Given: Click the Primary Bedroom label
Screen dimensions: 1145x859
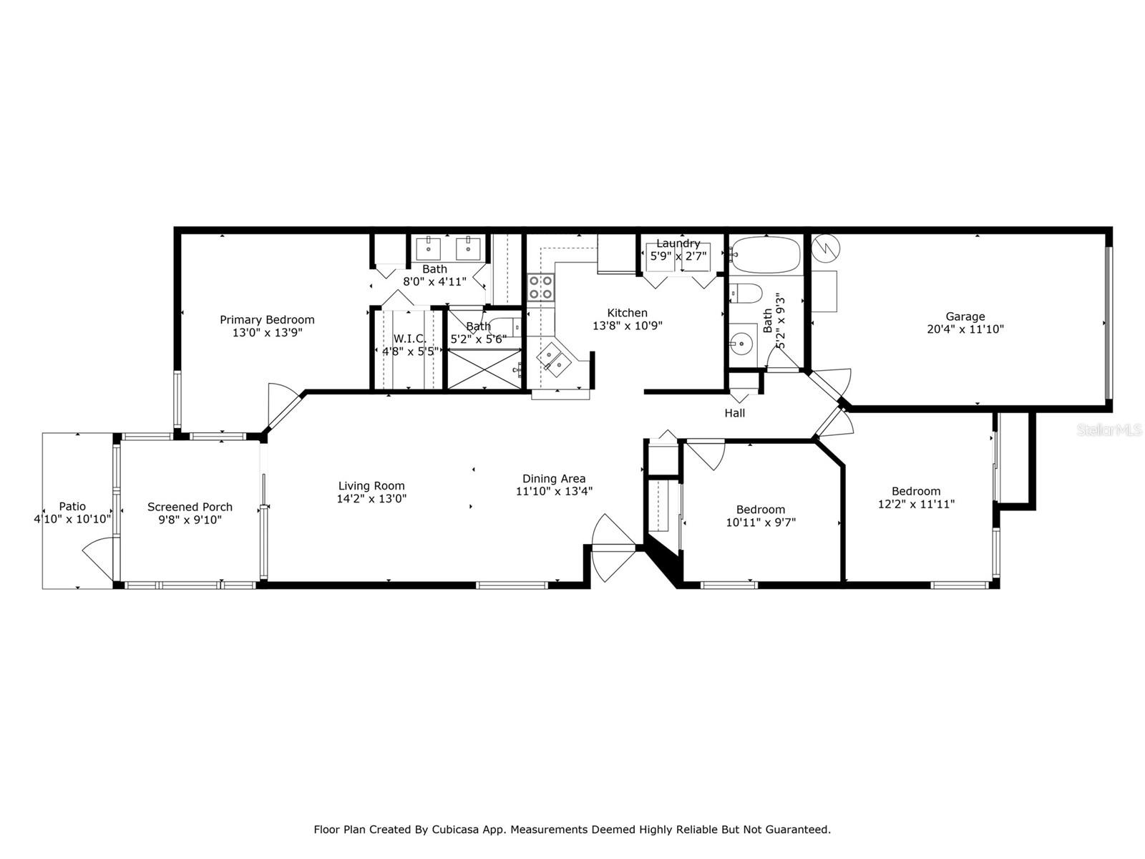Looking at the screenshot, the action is (266, 320).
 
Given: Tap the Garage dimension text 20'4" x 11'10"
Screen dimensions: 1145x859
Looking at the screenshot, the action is (965, 329).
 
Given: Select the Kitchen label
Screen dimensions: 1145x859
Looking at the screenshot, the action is (627, 313).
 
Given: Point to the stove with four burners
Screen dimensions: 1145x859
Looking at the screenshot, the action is (540, 287).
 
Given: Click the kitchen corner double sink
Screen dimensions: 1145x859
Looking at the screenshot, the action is (554, 359).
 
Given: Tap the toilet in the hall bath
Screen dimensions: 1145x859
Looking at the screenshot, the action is (746, 293).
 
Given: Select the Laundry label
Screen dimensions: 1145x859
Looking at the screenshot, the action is (678, 243).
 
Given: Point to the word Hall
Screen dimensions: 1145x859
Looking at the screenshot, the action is (734, 413).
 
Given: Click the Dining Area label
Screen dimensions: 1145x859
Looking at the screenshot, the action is (554, 479).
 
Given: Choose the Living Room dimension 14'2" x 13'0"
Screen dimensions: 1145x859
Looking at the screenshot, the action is (371, 499).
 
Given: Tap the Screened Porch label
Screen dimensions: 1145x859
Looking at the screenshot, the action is (190, 507).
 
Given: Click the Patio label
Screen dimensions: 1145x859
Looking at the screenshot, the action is (72, 506).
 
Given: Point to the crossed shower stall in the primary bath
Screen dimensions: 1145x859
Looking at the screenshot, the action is (484, 369).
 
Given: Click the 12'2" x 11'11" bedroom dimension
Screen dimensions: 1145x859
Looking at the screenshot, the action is (916, 504).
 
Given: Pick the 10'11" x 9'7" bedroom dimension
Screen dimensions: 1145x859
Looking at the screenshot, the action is (761, 522).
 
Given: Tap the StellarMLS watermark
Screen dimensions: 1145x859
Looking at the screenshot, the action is (1109, 430).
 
